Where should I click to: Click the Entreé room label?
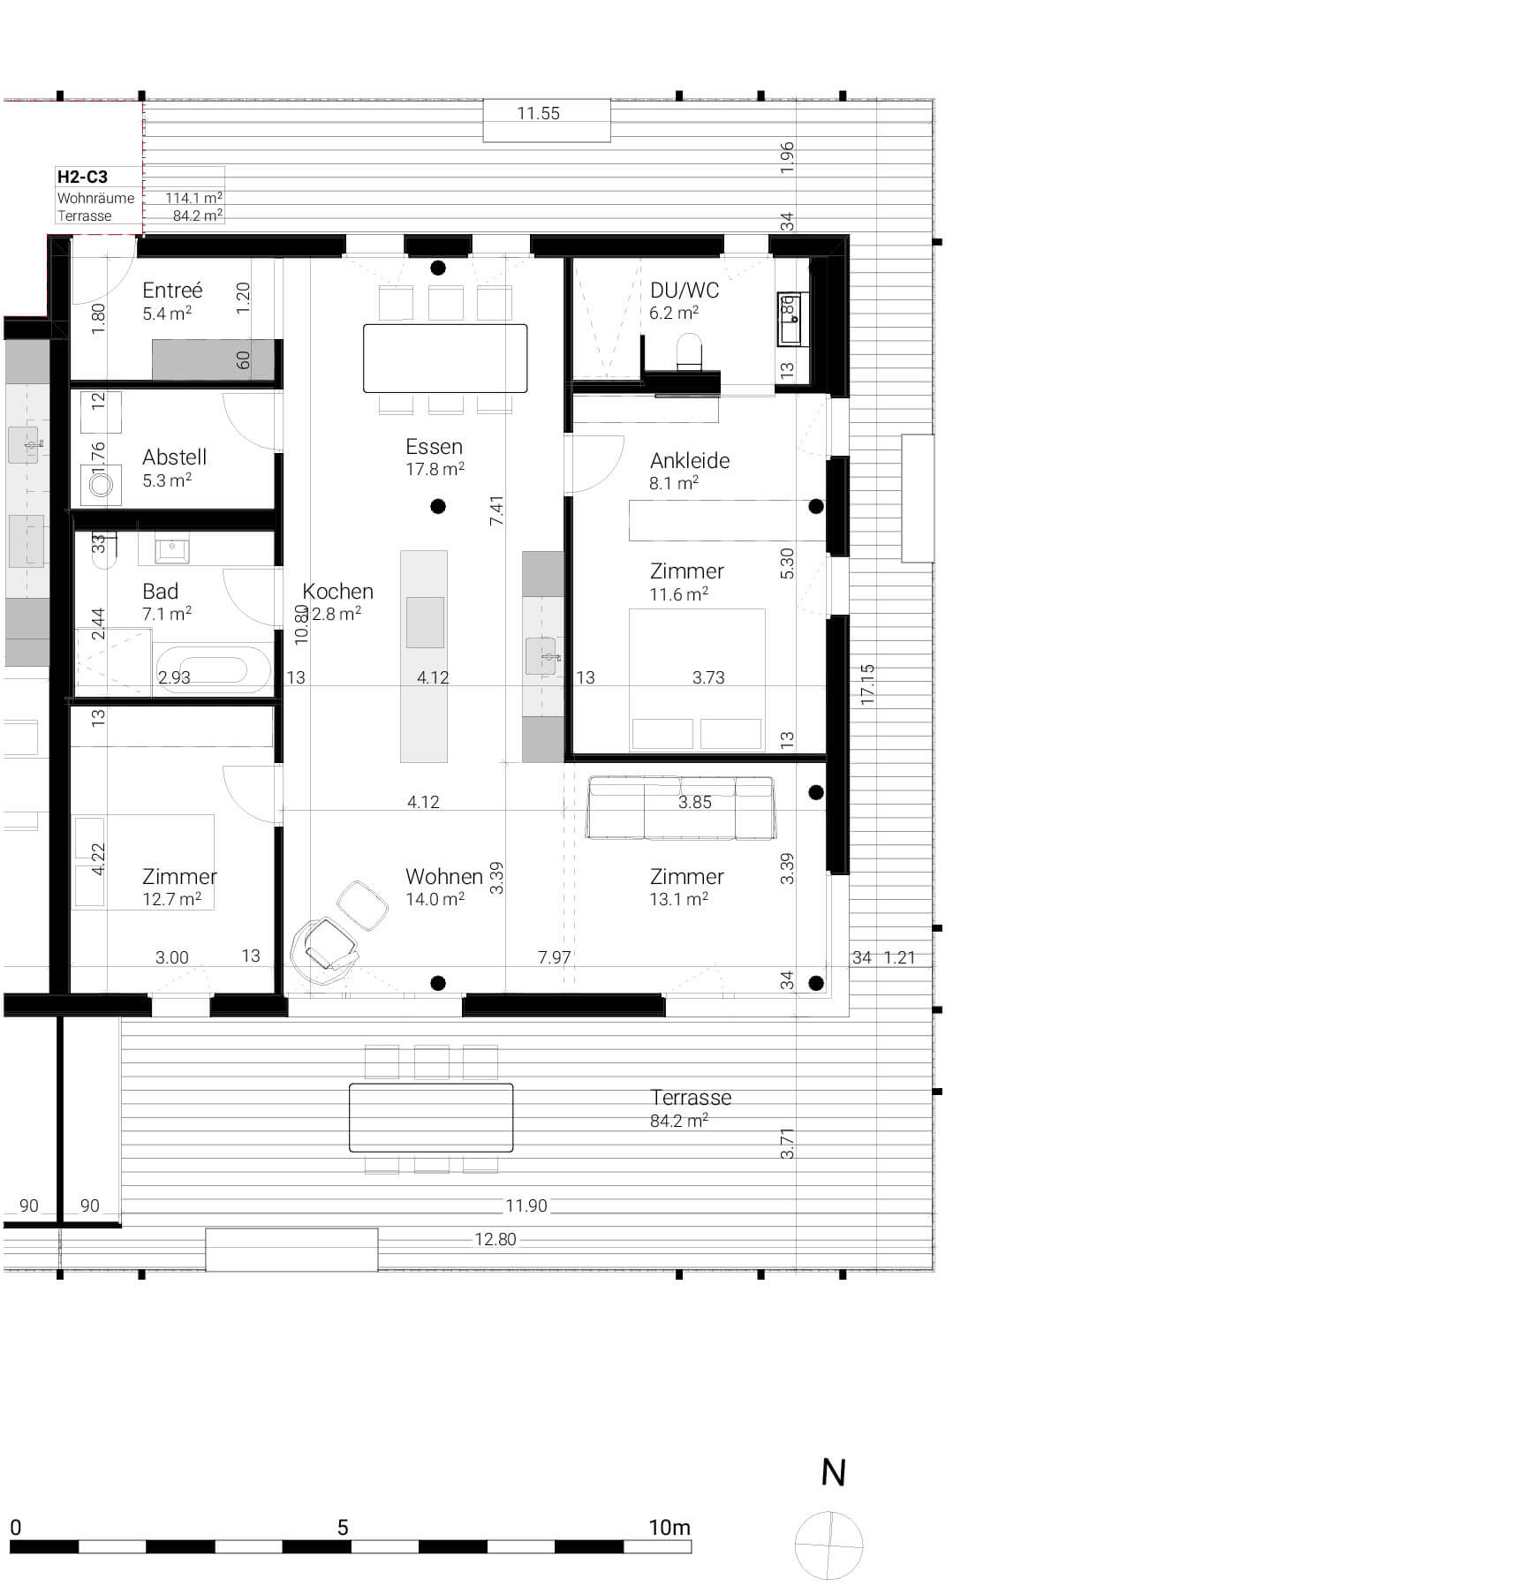(172, 291)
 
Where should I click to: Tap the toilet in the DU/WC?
(689, 351)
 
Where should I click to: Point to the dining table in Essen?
(445, 358)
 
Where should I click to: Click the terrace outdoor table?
(431, 1117)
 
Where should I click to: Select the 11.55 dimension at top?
(539, 113)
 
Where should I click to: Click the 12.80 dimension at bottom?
(495, 1239)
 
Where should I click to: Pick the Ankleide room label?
(690, 460)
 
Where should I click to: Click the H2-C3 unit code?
(82, 177)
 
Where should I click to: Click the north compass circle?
(828, 1545)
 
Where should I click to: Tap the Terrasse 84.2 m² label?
(691, 1107)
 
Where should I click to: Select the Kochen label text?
(337, 591)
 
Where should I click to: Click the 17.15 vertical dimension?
(867, 684)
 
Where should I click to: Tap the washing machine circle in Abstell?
(101, 485)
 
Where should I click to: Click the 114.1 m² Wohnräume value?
(193, 198)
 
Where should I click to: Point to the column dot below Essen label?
(438, 506)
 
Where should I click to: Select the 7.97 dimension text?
(554, 957)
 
